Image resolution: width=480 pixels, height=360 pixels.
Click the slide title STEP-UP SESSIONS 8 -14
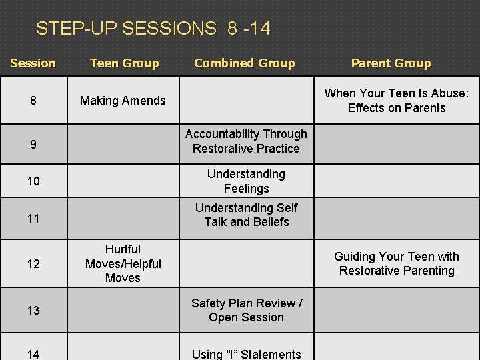[153, 29]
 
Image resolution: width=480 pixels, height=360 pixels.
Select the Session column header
[33, 63]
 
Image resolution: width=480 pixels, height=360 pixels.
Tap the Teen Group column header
[124, 63]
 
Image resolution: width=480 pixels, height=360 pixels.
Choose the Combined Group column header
[244, 63]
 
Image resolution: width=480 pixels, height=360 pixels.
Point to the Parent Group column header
[391, 63]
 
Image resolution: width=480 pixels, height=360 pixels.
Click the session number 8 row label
[33, 101]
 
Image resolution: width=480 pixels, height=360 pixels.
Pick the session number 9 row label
[33, 143]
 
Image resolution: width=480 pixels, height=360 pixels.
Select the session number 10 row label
[33, 181]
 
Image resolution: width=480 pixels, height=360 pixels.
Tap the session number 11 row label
[33, 219]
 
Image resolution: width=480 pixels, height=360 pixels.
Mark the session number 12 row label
[33, 264]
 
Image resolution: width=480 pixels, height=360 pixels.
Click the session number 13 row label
[33, 311]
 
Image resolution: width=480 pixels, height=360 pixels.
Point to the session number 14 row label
[33, 354]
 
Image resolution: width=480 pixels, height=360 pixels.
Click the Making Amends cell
[123, 101]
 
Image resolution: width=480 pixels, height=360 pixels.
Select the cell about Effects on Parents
[397, 101]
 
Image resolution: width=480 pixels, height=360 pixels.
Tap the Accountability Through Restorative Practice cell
[246, 141]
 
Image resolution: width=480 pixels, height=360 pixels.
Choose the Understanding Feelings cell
[246, 181]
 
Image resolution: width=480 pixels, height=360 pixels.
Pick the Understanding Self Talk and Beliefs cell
[246, 215]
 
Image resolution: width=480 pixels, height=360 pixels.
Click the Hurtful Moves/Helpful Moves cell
[123, 263]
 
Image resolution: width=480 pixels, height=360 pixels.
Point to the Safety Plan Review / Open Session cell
[246, 310]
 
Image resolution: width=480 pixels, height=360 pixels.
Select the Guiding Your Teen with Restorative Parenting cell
[397, 263]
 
